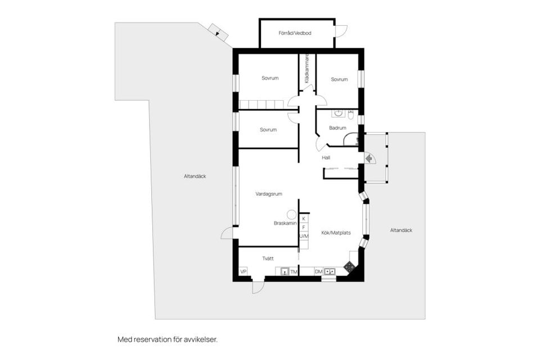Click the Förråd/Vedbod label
295,33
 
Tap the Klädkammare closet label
307,68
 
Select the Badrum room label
337,128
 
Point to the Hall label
326,157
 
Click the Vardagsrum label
269,194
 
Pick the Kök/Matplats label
336,232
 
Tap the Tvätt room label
268,258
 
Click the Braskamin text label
285,223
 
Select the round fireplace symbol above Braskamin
292,214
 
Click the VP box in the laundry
244,272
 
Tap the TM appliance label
294,272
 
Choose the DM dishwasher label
318,272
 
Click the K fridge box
304,219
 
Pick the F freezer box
304,227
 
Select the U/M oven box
304,236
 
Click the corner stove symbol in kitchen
350,267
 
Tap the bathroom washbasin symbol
338,113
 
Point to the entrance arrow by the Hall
369,159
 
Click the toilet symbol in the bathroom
350,114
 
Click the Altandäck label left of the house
195,176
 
